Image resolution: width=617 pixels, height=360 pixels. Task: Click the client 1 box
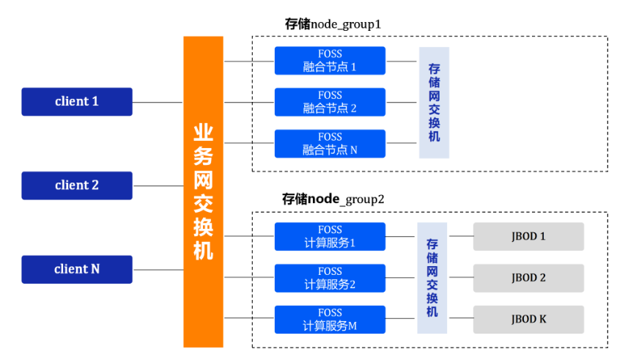pos(77,102)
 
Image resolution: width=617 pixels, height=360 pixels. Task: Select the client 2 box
pos(77,185)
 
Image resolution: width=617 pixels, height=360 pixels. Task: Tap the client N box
pos(77,269)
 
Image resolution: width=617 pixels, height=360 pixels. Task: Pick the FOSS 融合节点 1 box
pos(330,61)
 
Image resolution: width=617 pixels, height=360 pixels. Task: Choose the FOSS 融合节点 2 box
pos(330,102)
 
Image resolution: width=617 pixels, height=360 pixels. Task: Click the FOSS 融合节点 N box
pos(330,144)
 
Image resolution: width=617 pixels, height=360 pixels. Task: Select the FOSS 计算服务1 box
pos(330,236)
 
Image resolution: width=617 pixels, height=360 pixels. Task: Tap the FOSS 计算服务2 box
pos(330,278)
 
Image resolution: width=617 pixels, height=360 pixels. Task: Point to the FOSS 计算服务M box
pos(330,320)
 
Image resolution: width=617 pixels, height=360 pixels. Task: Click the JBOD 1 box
pos(528,236)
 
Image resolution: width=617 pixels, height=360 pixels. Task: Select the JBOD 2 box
pos(528,278)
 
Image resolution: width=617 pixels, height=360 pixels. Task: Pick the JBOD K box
pos(528,320)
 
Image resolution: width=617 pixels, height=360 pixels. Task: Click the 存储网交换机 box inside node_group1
pos(434,103)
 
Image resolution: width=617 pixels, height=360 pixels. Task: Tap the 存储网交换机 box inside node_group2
pos(432,278)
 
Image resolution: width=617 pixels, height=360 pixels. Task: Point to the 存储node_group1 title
pos(333,24)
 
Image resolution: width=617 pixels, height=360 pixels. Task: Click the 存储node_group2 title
pos(333,199)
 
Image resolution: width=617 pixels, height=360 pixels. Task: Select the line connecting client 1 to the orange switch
pos(158,103)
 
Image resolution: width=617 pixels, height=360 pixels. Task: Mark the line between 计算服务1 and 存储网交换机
pos(401,237)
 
